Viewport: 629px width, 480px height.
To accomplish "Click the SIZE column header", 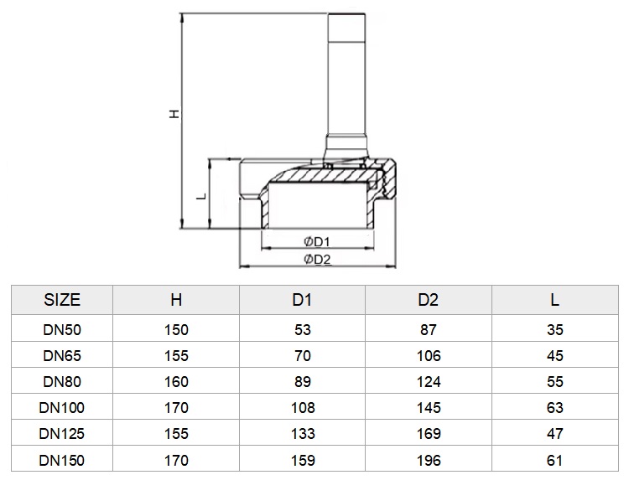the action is pyautogui.click(x=62, y=300).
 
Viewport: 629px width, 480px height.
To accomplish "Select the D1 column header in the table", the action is pyautogui.click(x=302, y=300).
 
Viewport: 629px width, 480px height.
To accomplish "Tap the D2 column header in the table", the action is pyautogui.click(x=428, y=300).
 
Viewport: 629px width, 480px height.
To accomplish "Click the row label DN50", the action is pyautogui.click(x=62, y=330).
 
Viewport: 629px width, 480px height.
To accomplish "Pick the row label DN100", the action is pyautogui.click(x=62, y=408).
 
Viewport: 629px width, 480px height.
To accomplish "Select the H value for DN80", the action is pyautogui.click(x=176, y=382).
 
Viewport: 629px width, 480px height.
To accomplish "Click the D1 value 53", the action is pyautogui.click(x=303, y=330).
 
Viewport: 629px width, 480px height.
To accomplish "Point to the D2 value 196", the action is pyautogui.click(x=429, y=461).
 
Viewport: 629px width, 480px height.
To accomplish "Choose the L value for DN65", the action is pyautogui.click(x=555, y=356).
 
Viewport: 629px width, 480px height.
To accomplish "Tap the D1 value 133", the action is pyautogui.click(x=303, y=434).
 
